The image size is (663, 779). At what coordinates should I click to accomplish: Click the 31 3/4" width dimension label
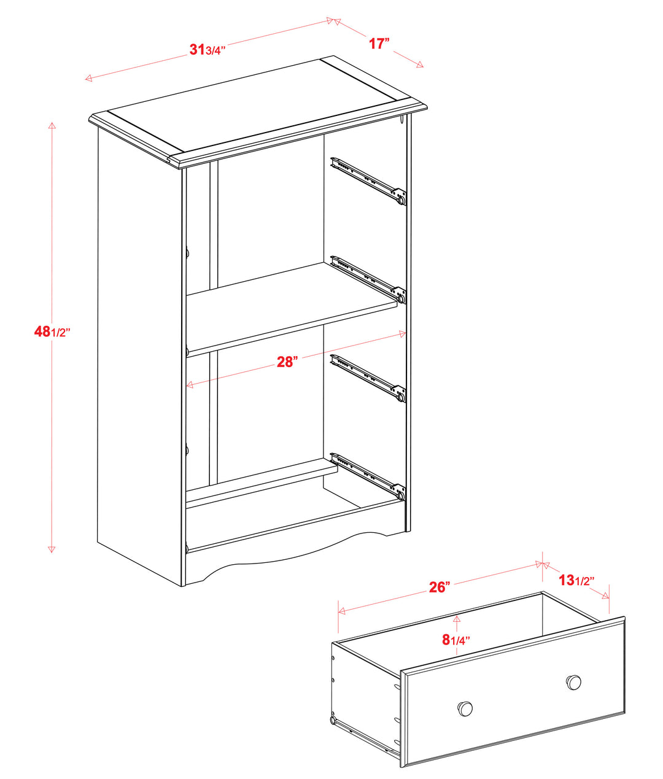point(207,49)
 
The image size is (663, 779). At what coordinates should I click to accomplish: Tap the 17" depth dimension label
point(379,44)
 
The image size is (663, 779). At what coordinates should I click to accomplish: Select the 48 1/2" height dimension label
point(52,331)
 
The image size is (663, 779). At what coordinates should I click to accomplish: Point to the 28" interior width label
point(287,362)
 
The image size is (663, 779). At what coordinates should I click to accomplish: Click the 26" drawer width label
point(440,587)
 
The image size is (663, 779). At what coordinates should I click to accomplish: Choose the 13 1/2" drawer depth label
point(576,580)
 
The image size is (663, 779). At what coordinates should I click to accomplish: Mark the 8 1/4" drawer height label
point(456,640)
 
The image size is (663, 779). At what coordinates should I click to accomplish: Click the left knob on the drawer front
point(465,708)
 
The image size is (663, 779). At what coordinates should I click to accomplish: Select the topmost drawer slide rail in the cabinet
point(368,181)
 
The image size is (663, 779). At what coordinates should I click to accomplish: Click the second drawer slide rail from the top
point(368,279)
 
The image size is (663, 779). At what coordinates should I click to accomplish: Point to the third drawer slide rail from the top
point(368,378)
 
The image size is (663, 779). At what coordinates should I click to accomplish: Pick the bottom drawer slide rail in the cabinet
point(368,476)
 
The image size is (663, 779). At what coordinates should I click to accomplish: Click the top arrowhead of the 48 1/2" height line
point(52,125)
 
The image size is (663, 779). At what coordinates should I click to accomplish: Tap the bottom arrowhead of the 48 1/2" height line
point(52,549)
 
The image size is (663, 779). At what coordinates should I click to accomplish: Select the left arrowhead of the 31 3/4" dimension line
point(88,78)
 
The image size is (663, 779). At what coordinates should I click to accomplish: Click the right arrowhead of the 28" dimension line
point(402,334)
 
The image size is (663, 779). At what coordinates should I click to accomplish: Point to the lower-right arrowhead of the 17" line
point(419,65)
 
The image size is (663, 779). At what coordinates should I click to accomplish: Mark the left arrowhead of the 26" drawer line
point(342,611)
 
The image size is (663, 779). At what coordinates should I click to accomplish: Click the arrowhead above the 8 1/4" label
point(457,618)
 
